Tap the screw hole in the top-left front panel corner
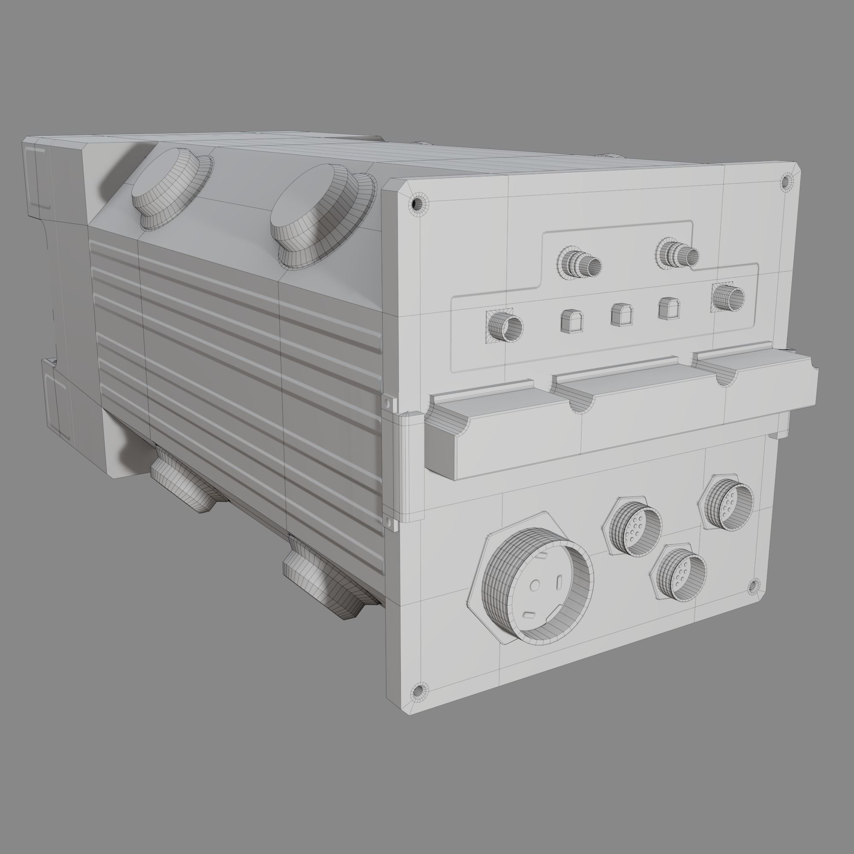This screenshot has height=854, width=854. coord(415,204)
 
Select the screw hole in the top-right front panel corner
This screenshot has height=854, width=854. coord(786,181)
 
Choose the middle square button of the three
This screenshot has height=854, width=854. coord(621,314)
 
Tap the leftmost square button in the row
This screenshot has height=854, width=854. coord(572,321)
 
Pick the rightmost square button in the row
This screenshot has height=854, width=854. coord(669,308)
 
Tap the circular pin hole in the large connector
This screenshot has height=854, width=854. coord(535,586)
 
